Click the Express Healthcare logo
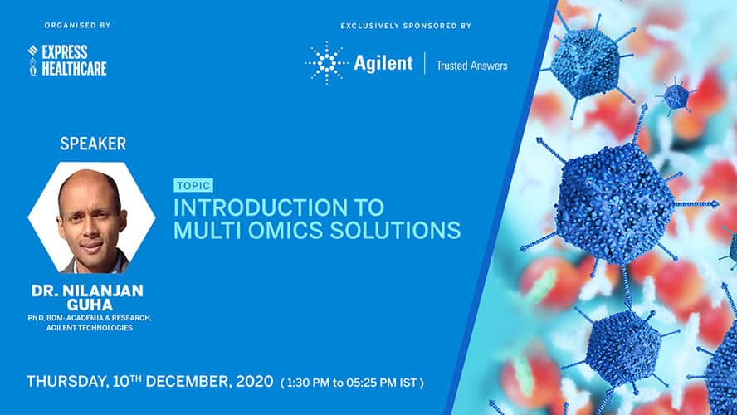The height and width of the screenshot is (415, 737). coord(67,60)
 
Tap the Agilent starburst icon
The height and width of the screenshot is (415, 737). coord(327,63)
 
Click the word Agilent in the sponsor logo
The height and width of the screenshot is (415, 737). coord(383,63)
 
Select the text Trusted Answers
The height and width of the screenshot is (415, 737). coord(472,66)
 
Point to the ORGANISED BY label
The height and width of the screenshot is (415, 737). coord(77,26)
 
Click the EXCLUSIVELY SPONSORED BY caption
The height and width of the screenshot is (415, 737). coord(406,26)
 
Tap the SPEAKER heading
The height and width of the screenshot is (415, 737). coord(93,144)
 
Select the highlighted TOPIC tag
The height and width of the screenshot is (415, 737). coord(193,186)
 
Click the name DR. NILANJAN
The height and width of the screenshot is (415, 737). coord(87,290)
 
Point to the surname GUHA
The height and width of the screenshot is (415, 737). coord(90,305)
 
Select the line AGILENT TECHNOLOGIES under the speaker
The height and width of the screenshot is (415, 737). coord(90,328)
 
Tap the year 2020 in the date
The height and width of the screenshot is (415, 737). coord(254,381)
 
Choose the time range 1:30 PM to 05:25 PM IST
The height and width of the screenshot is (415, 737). coord(352,383)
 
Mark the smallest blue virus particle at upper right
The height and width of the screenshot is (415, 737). coord(676,96)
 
